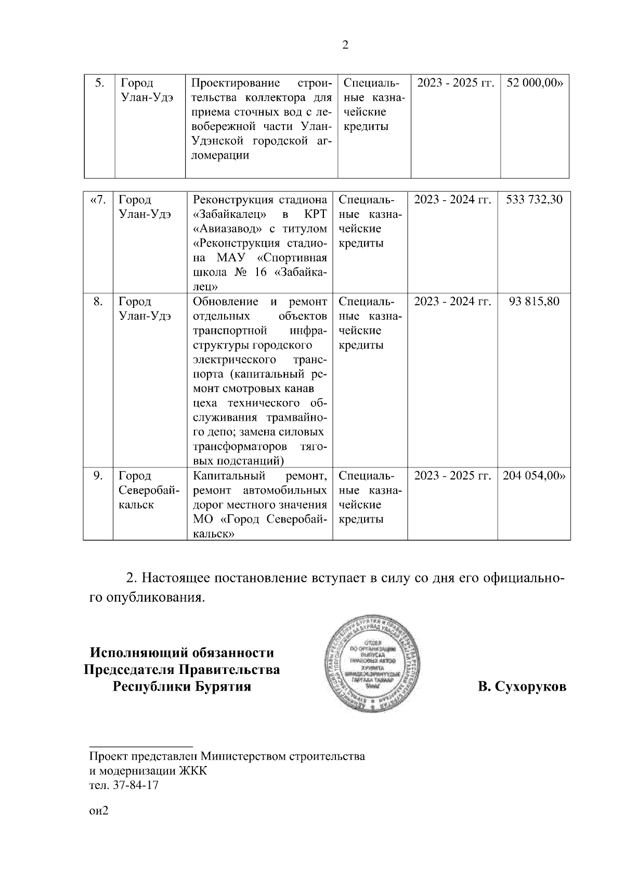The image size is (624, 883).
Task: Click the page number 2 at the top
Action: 346,45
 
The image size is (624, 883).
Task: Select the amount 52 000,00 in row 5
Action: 535,83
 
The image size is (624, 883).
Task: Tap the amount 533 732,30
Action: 534,200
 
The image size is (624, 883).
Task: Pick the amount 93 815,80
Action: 534,302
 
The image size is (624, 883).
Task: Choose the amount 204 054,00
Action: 534,476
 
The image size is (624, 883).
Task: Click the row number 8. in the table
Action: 98,302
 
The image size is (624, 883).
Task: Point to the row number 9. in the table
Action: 98,476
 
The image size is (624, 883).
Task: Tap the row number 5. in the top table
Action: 100,83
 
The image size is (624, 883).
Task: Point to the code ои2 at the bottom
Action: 98,811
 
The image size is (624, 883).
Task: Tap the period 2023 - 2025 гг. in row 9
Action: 452,476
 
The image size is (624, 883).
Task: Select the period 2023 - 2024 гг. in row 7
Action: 452,200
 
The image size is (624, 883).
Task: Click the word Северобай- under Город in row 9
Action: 149,490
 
